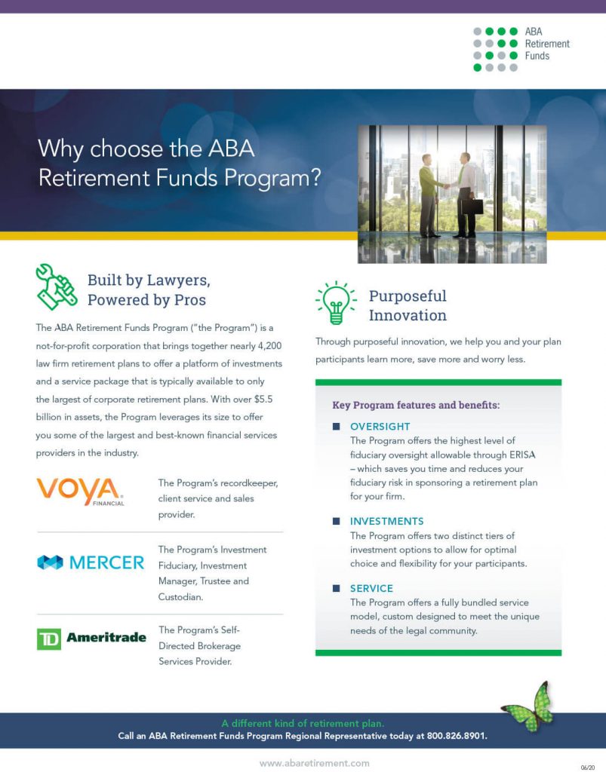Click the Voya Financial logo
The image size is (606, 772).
(x=81, y=491)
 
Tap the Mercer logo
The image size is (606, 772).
(x=91, y=562)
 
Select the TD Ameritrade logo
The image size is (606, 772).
(x=91, y=638)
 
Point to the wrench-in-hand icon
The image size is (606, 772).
(x=55, y=287)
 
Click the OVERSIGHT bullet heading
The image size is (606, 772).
(x=380, y=427)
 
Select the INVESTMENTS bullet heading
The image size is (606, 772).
(x=386, y=521)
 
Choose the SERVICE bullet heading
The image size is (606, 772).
(x=371, y=588)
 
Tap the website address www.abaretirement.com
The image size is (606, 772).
(x=315, y=763)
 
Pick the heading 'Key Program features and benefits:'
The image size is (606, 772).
(x=416, y=405)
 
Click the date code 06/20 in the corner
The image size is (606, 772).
(x=588, y=766)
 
